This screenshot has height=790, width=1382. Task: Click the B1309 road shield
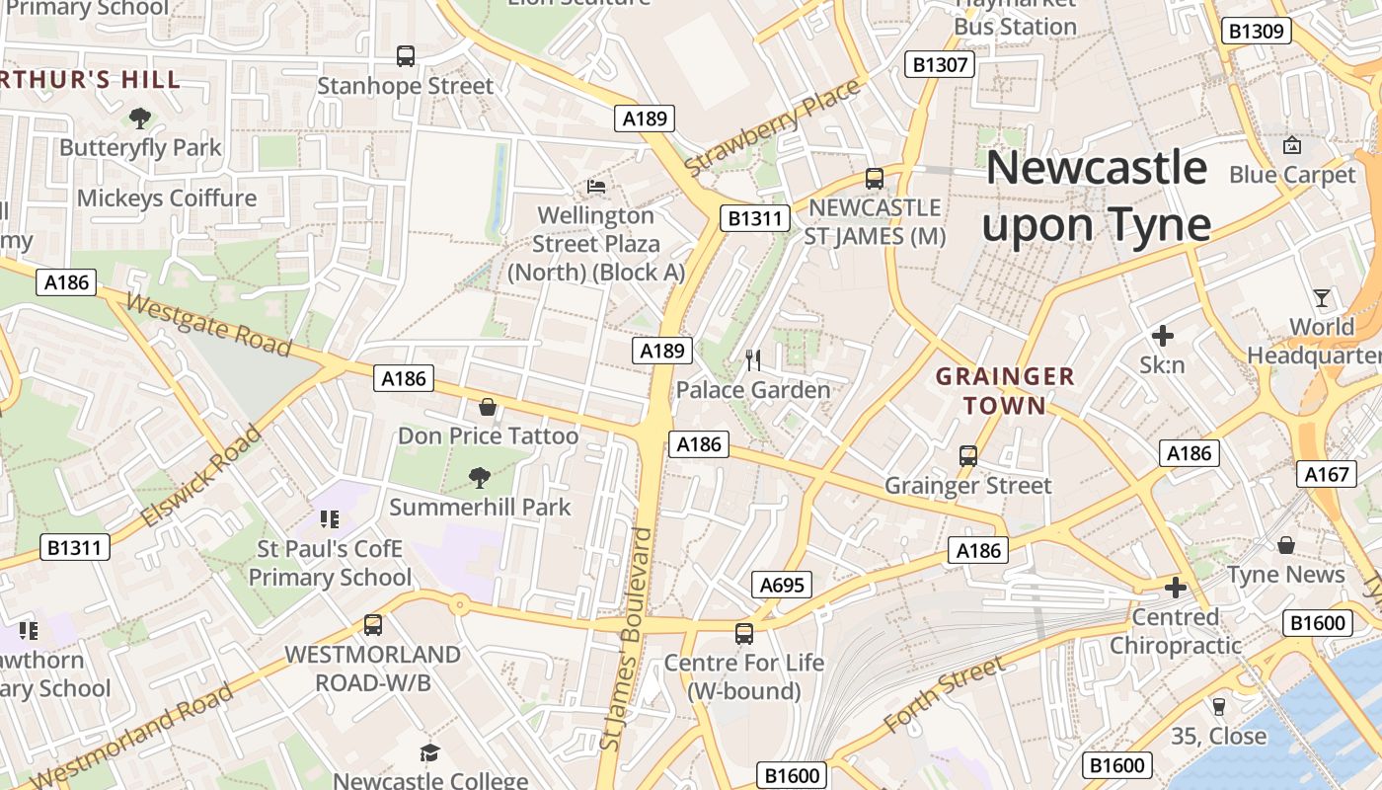pyautogui.click(x=1256, y=32)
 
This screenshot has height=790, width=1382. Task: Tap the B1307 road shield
pyautogui.click(x=940, y=65)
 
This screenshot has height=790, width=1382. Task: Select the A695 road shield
pyautogui.click(x=782, y=585)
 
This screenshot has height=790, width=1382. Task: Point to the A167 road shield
pyautogui.click(x=1326, y=475)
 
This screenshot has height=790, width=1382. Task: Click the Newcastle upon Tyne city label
pyautogui.click(x=1096, y=197)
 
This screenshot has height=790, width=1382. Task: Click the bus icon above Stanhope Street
pyautogui.click(x=406, y=56)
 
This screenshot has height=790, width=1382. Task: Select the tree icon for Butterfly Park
pyautogui.click(x=140, y=118)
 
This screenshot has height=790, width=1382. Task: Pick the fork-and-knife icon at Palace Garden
pyautogui.click(x=753, y=360)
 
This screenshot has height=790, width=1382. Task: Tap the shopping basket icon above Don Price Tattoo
pyautogui.click(x=487, y=407)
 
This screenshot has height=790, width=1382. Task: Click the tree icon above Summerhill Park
pyautogui.click(x=480, y=478)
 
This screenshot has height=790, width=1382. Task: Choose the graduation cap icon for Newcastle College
pyautogui.click(x=429, y=753)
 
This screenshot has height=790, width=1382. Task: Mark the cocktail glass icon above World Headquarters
pyautogui.click(x=1321, y=297)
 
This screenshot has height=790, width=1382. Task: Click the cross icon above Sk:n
pyautogui.click(x=1163, y=336)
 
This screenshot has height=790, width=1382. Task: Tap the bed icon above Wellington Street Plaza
pyautogui.click(x=595, y=186)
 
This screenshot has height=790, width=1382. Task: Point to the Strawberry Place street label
pyautogui.click(x=772, y=129)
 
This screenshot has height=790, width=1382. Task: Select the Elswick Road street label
pyautogui.click(x=202, y=476)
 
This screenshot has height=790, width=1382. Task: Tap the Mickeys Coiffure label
pyautogui.click(x=167, y=198)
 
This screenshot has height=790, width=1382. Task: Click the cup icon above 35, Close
pyautogui.click(x=1218, y=706)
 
